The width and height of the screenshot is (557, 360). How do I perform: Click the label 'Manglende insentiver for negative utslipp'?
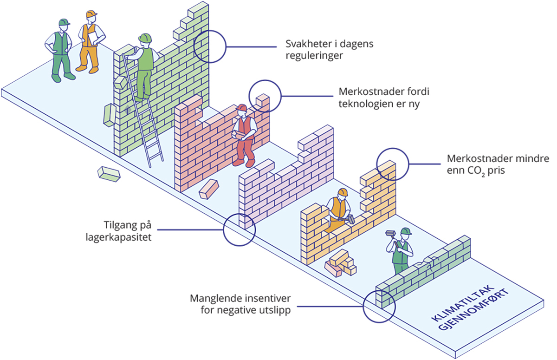click(240, 304)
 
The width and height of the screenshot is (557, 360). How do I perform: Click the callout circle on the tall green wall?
click(209, 46)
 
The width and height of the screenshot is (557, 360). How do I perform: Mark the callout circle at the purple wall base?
click(239, 229)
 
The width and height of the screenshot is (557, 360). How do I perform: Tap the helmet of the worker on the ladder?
click(145, 38)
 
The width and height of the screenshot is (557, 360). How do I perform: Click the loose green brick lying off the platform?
click(109, 174)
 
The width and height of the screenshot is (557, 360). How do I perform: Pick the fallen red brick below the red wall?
click(208, 189)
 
